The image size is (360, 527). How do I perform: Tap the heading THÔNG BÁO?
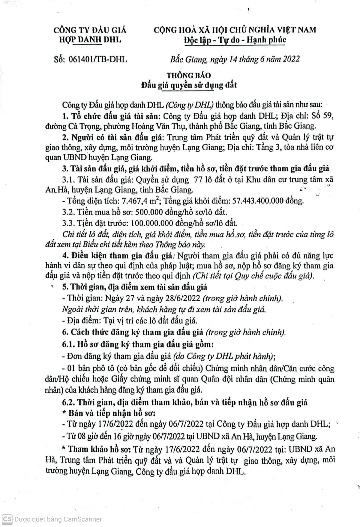(189, 75)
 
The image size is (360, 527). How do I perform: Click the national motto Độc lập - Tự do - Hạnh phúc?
(235, 40)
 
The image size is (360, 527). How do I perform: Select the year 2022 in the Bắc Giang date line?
(291, 59)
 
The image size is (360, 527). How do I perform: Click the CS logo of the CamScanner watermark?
(7, 519)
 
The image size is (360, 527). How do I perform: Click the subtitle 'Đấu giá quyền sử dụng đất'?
(189, 85)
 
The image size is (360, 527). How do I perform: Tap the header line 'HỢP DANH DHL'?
(90, 40)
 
